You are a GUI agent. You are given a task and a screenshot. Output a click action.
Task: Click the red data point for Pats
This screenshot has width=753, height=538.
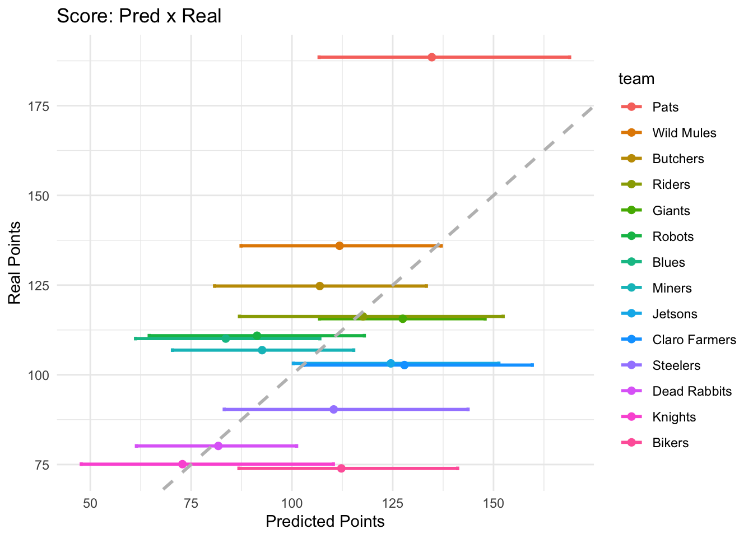point(431,57)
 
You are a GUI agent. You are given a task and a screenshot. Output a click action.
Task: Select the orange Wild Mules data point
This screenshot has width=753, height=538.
point(339,245)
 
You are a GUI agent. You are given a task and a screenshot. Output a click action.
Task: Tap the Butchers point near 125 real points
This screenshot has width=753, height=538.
point(319,286)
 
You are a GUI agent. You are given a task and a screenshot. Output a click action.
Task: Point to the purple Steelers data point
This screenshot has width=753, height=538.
point(333,409)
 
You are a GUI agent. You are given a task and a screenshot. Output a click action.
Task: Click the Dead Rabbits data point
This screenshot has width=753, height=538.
point(218,446)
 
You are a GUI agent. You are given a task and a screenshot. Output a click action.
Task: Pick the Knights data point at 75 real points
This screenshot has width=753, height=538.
point(182,464)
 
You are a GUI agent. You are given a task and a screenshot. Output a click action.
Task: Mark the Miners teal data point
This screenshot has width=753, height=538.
point(262,350)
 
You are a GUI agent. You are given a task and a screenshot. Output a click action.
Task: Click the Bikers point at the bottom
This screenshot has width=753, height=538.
point(341,469)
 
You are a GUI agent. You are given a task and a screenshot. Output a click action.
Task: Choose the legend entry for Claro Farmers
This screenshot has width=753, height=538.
point(694,340)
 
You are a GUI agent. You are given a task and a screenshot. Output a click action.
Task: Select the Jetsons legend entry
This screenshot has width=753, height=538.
point(675,314)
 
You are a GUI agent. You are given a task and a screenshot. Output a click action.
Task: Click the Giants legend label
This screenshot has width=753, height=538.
point(671,211)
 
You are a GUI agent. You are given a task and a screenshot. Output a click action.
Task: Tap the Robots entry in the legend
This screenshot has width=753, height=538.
point(673,236)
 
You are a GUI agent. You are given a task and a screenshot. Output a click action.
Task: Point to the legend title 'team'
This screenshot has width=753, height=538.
point(636,79)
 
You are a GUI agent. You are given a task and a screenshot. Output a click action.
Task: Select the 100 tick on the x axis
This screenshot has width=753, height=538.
point(291,503)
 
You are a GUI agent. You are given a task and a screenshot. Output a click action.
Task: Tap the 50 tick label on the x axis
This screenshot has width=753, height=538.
point(90,503)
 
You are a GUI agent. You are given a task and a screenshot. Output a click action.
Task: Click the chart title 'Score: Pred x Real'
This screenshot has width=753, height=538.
point(139,16)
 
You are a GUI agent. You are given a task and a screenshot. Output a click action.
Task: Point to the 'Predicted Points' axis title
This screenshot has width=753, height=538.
point(325,522)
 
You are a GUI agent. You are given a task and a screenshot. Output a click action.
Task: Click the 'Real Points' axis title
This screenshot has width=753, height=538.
point(15,263)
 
